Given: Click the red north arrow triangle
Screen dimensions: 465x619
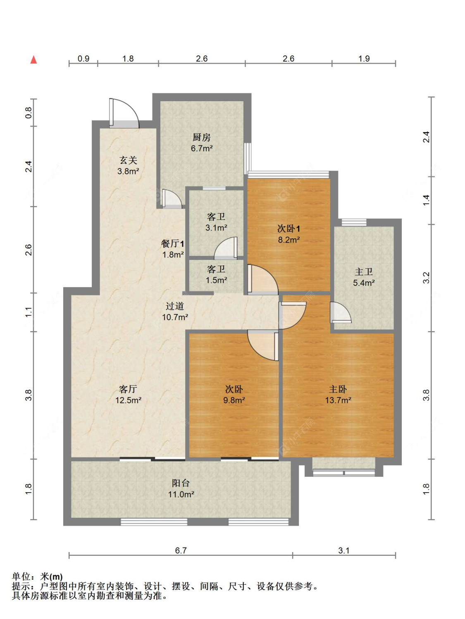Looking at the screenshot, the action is click(33, 60).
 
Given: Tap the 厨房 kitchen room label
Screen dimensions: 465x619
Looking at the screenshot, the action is click(202, 137).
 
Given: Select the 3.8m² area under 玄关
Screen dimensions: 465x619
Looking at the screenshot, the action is click(128, 171).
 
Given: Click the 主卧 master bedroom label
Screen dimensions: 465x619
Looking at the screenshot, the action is click(338, 389).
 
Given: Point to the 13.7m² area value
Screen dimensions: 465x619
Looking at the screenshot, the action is click(338, 400).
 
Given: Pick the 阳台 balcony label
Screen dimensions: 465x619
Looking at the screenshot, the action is click(181, 483).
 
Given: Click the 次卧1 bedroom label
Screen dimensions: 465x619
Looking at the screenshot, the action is click(289, 229).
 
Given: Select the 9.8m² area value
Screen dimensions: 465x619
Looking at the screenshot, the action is click(234, 400).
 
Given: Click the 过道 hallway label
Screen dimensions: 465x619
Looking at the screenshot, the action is click(175, 306).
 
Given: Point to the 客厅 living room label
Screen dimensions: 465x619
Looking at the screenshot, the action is click(128, 389).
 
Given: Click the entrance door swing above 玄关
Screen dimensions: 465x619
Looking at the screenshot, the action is click(124, 113).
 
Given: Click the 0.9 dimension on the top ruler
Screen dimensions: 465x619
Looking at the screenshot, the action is click(83, 59).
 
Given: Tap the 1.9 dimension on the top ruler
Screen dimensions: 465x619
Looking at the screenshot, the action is click(364, 59).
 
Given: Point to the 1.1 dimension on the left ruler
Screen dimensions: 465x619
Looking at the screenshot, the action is click(29, 312).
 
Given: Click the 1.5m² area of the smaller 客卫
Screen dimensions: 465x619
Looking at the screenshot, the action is click(216, 280).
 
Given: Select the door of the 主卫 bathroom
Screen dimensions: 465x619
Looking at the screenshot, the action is click(341, 312).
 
